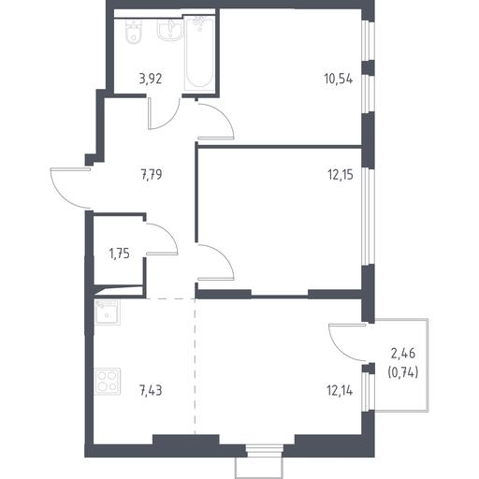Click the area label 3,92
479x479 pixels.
[151, 80]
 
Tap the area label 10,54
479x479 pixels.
[339, 80]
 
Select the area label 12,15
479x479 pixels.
[341, 175]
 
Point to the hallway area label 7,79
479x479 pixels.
[152, 175]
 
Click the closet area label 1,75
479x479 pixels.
[119, 254]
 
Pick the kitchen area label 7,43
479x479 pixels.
[152, 391]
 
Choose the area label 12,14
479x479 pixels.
[340, 391]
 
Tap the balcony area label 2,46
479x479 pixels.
[403, 354]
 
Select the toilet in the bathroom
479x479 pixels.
[135, 33]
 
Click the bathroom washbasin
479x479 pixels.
[169, 31]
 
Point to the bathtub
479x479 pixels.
[199, 53]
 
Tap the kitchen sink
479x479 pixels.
[107, 312]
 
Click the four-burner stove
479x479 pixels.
[107, 382]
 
